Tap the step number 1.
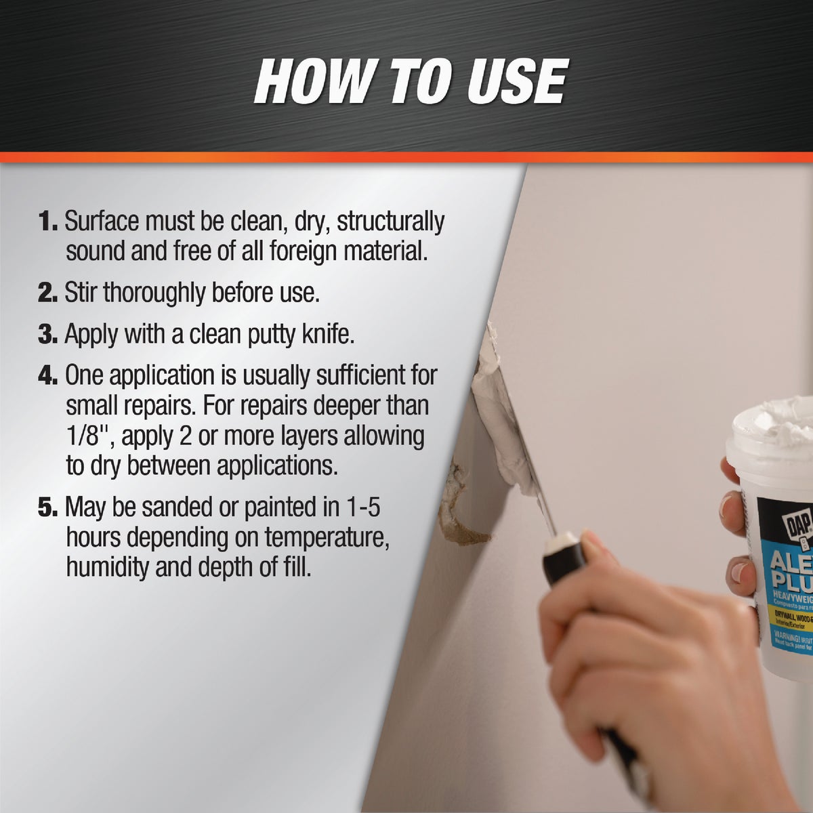tap(47, 222)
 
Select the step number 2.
tap(47, 294)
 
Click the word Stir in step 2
tap(81, 293)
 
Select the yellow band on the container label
tap(786, 618)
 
